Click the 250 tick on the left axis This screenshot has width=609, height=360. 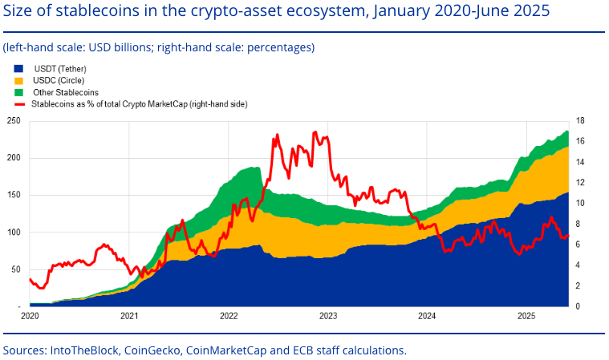click(13, 120)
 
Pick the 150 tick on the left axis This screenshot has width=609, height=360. click(13, 195)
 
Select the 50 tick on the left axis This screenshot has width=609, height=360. click(15, 269)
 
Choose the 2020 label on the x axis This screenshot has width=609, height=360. click(30, 316)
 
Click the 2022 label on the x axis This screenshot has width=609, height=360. click(229, 316)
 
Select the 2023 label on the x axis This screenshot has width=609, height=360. click(328, 316)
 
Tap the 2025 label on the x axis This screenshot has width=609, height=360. click(526, 316)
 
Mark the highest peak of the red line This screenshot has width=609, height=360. click(315, 132)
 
